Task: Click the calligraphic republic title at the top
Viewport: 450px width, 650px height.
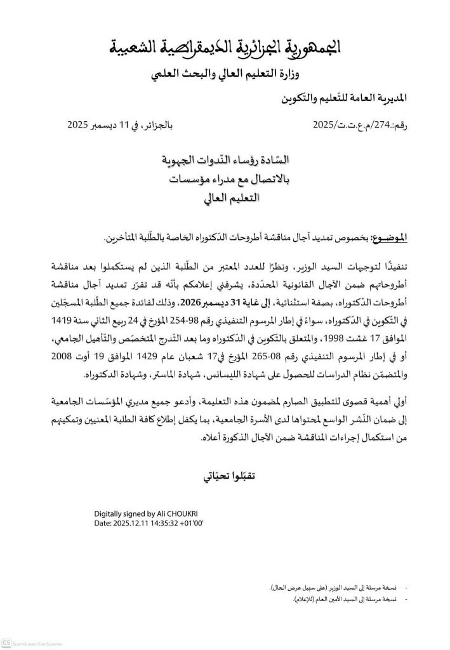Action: coord(225,46)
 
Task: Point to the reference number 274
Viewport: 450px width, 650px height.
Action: coord(394,125)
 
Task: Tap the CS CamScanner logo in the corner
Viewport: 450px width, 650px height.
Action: coord(6,642)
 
